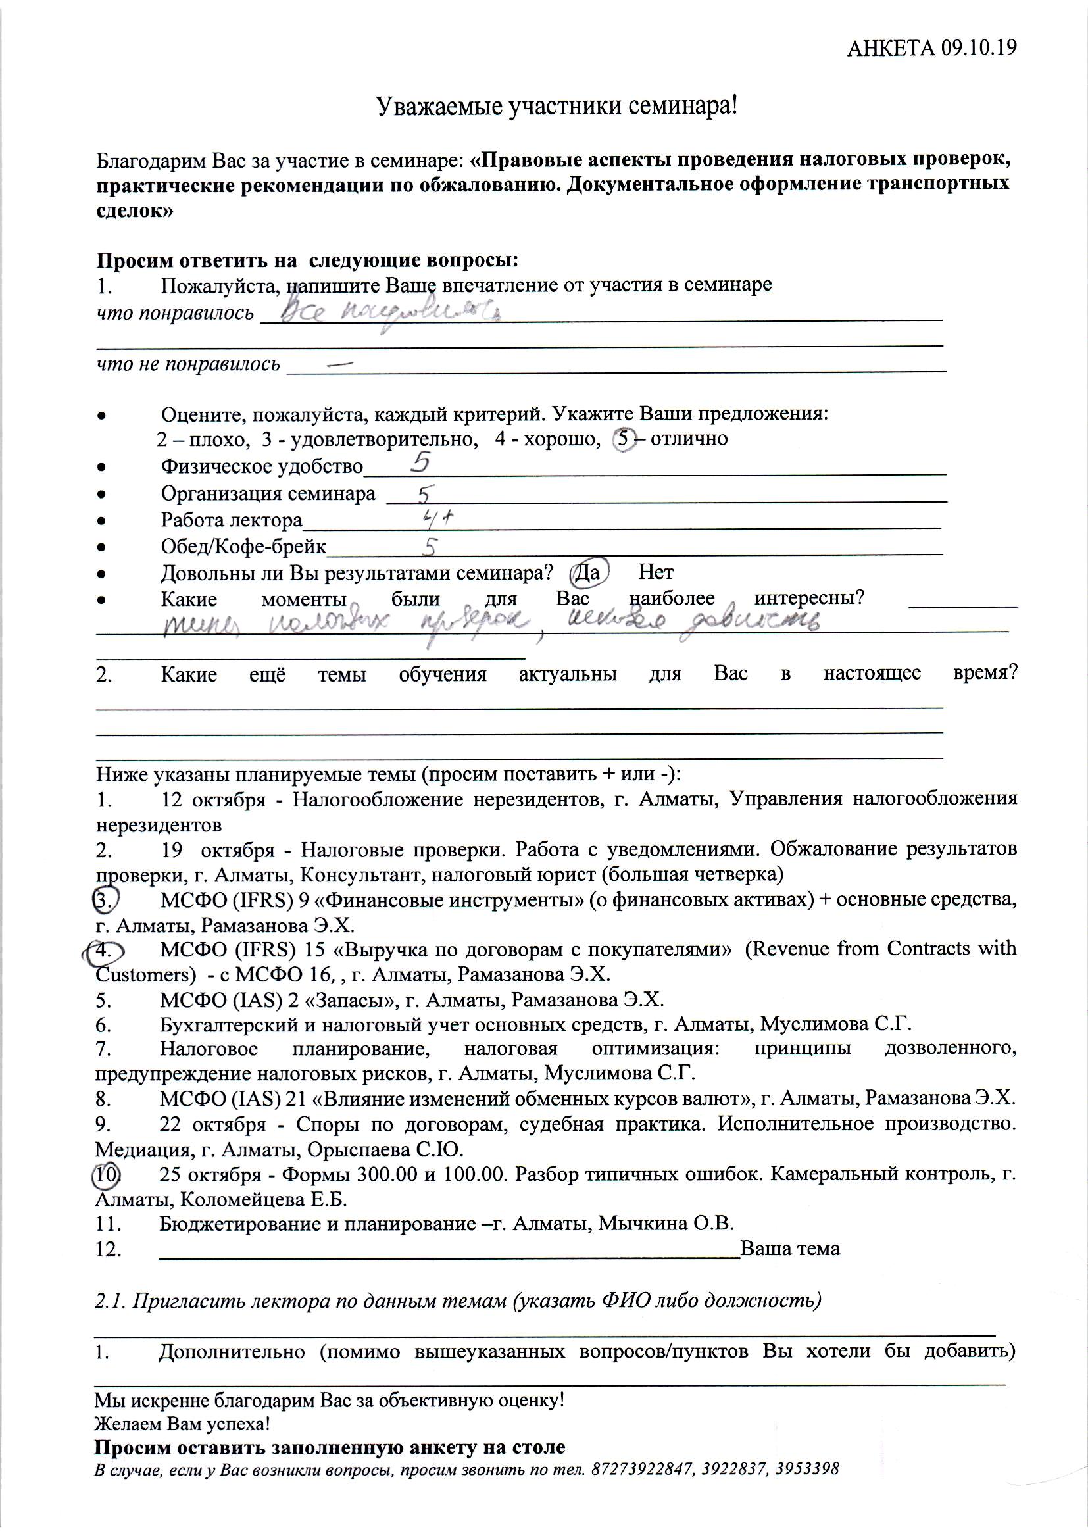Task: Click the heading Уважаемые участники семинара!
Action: [x=556, y=107]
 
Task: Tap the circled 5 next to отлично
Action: [x=624, y=439]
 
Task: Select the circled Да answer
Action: [x=588, y=573]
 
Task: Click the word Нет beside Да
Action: [x=655, y=572]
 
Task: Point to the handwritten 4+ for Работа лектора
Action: [x=439, y=517]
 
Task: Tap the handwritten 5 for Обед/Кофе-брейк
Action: [x=430, y=547]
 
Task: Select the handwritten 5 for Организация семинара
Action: [x=424, y=495]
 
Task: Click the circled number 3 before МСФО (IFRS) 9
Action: [x=105, y=900]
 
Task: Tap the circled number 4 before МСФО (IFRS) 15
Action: [x=103, y=951]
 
